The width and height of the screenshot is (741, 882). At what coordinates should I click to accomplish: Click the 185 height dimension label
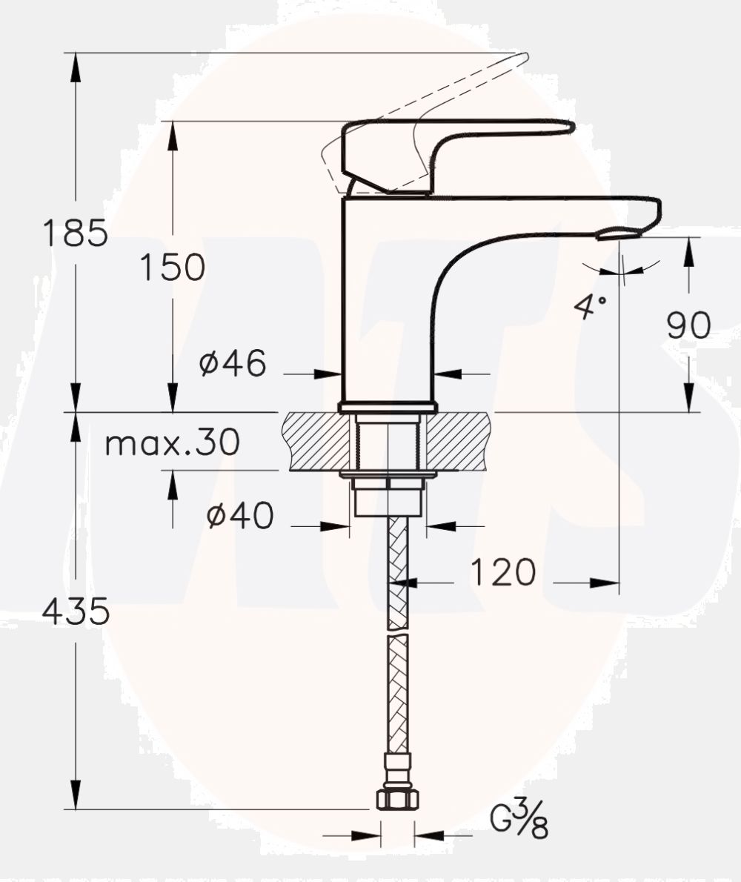(76, 233)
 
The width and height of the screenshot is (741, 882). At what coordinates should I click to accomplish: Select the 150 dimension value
(172, 267)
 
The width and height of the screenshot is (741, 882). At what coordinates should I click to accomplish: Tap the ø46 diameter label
(233, 363)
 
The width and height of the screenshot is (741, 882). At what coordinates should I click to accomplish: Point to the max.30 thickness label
(173, 442)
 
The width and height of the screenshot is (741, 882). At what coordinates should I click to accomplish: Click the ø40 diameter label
(240, 515)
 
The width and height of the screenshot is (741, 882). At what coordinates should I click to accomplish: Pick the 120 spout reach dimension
(503, 573)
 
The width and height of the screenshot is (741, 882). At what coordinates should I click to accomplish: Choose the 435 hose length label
(76, 611)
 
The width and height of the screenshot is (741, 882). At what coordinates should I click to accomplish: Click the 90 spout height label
(688, 325)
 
